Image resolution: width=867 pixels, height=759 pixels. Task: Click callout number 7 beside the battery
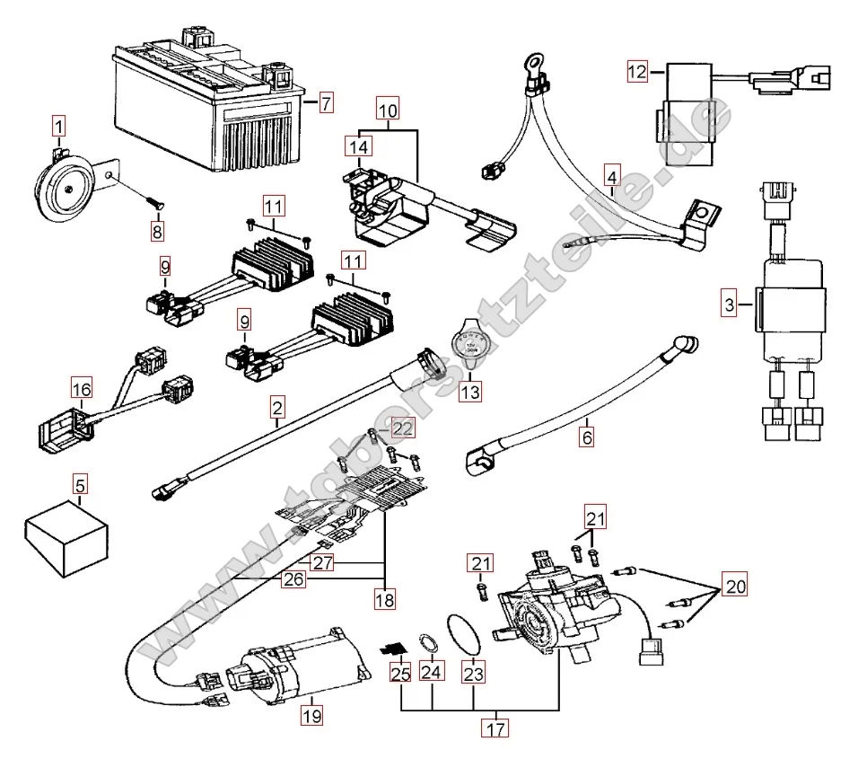tap(325, 102)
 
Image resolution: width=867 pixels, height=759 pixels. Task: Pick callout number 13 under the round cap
tap(470, 393)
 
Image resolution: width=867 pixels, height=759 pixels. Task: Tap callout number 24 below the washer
tap(432, 671)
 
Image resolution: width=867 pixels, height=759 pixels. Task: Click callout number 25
tap(399, 671)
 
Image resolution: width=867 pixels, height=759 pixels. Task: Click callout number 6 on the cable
tap(587, 439)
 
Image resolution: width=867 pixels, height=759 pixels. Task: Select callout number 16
tap(82, 389)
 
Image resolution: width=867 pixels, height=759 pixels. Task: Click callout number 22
tap(403, 429)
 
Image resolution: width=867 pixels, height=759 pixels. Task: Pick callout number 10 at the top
tap(387, 112)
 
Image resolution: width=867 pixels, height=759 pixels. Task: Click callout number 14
tap(358, 146)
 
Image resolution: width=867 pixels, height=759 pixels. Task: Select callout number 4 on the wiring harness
tap(611, 176)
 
